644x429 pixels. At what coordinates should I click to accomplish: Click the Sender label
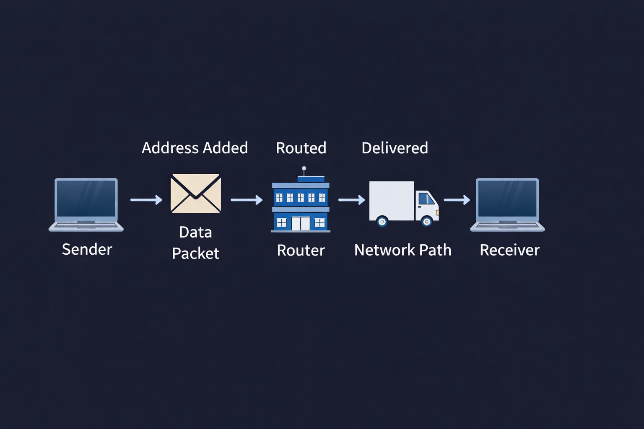(x=87, y=249)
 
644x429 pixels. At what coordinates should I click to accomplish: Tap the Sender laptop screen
(x=86, y=198)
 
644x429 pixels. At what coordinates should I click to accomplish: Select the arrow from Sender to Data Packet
(x=146, y=200)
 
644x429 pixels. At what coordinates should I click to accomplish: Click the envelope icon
(x=195, y=193)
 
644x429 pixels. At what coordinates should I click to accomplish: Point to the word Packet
(x=195, y=253)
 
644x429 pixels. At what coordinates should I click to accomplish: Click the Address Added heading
(x=195, y=148)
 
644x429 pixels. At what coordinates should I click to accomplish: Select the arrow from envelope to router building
(x=246, y=200)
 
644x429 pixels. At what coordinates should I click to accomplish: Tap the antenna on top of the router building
(x=304, y=169)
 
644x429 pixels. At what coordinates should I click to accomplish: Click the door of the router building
(x=301, y=223)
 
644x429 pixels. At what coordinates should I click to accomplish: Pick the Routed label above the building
(x=301, y=148)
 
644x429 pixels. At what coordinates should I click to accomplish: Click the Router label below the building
(x=301, y=250)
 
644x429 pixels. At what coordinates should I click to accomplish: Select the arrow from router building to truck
(x=351, y=200)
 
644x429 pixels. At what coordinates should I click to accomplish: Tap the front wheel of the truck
(x=427, y=221)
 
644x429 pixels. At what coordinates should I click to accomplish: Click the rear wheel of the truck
(x=382, y=221)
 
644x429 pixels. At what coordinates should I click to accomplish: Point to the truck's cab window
(x=426, y=198)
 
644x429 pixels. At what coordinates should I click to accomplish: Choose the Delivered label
(x=395, y=148)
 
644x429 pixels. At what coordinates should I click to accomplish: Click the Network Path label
(x=402, y=250)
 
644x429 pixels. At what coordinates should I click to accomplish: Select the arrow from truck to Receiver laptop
(x=457, y=200)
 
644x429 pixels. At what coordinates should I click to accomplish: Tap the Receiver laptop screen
(x=507, y=198)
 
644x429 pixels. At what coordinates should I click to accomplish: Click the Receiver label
(x=509, y=250)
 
